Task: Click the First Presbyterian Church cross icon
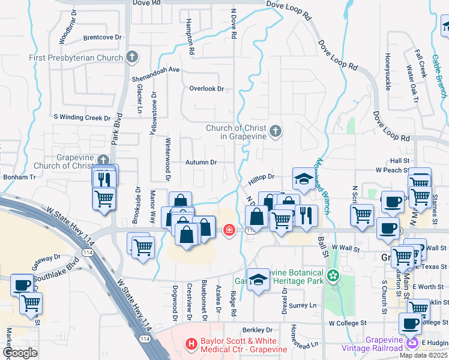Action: click(x=132, y=58)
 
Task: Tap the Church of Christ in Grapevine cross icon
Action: click(x=275, y=131)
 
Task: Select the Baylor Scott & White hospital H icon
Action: click(x=191, y=344)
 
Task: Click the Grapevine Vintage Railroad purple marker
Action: click(x=412, y=344)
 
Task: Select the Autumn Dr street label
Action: click(x=200, y=162)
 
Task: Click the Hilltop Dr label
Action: click(x=262, y=177)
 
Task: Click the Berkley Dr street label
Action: click(x=258, y=330)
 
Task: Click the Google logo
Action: click(x=20, y=352)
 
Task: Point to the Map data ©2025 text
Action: click(x=423, y=355)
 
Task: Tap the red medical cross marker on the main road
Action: click(x=228, y=230)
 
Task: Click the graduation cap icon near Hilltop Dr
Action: click(x=303, y=178)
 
